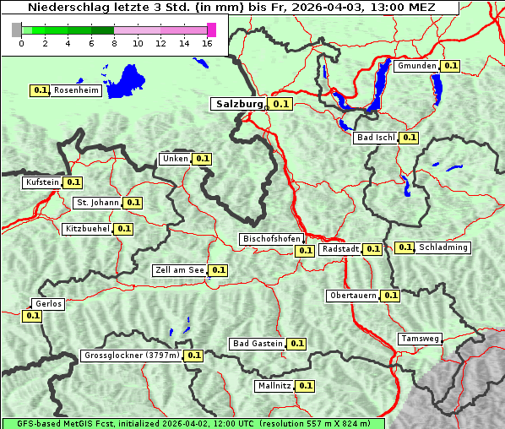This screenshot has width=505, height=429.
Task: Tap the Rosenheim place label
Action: [x=76, y=90]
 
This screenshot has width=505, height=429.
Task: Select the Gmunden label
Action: [x=416, y=66]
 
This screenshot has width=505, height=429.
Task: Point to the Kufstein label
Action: [x=42, y=182]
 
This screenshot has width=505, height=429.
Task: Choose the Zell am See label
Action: [x=180, y=270]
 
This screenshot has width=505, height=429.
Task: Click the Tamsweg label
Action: [x=420, y=339]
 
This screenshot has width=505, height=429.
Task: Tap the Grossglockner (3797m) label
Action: [x=132, y=356]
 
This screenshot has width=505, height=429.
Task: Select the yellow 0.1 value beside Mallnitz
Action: [x=306, y=386]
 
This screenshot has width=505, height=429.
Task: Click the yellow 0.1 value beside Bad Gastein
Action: [x=296, y=344]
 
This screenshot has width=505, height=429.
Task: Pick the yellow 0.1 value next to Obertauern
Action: [x=390, y=296]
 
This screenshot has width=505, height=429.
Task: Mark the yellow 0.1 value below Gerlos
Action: [x=32, y=316]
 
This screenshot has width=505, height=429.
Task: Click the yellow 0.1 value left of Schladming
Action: [x=405, y=247]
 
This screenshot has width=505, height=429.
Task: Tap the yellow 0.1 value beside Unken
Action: [x=202, y=159]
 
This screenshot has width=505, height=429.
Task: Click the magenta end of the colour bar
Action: [x=211, y=30]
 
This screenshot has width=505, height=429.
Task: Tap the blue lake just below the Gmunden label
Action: [x=437, y=87]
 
